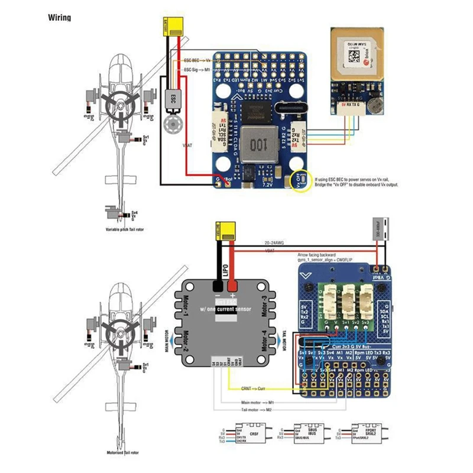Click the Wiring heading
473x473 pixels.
(59, 18)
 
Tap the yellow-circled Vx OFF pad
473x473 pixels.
(302, 181)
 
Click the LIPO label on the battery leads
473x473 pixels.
(226, 271)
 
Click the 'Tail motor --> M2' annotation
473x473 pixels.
(245, 410)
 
